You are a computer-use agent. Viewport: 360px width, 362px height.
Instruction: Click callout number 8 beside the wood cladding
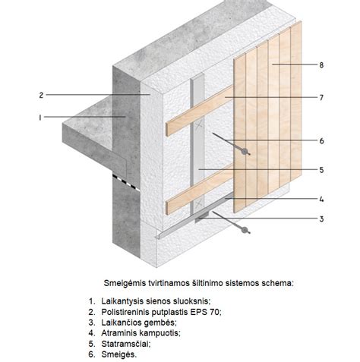pos(322,66)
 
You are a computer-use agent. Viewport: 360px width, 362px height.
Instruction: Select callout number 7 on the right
pos(322,98)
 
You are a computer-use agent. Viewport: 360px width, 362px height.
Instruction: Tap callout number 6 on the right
pos(322,140)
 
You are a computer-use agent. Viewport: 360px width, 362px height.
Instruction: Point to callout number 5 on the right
pos(322,169)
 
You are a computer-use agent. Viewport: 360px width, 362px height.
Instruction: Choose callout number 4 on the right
pos(322,200)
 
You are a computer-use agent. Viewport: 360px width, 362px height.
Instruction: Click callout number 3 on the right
pos(322,219)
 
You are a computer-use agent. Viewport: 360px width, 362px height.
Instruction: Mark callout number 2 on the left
pos(40,96)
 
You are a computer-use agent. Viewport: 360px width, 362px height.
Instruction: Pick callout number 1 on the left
pos(40,118)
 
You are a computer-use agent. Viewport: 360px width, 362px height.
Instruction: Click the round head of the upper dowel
pos(245,152)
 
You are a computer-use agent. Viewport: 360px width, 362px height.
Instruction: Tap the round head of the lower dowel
pos(245,233)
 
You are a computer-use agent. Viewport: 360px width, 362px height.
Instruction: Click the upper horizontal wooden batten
pos(197,117)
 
